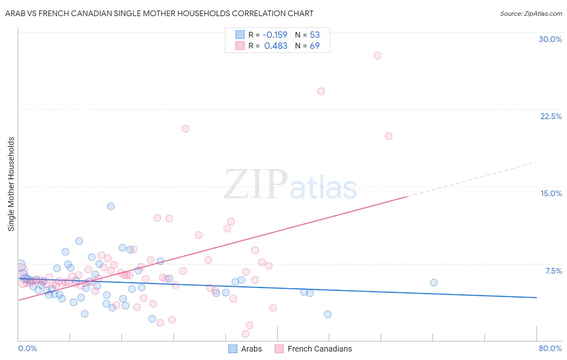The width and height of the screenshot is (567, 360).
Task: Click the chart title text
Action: click(159, 13)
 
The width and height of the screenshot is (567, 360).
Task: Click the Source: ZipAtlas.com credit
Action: click(531, 13)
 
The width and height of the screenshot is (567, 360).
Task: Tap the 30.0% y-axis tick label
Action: click(550, 39)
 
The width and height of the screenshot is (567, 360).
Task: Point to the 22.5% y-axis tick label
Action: click(551, 116)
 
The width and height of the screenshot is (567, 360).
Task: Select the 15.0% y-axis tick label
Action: click(551, 193)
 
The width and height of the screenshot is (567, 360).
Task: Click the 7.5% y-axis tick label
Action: click(553, 271)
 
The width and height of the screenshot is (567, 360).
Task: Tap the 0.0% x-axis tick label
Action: click(27, 348)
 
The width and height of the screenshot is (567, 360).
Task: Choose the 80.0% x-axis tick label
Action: click(550, 348)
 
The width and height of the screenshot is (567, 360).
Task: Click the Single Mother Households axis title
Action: click(11, 184)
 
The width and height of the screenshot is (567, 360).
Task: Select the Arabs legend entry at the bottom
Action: click(245, 349)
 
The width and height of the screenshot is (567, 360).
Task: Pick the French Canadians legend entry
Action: click(313, 349)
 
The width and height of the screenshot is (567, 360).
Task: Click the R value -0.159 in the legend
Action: click(275, 35)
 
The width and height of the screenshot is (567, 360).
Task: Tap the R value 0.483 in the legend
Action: click(275, 46)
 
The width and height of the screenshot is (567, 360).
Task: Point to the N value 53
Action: click(315, 35)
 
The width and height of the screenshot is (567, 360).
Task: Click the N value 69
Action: click(315, 46)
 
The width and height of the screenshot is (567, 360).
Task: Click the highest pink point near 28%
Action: click(377, 55)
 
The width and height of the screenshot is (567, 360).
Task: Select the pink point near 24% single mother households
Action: click(321, 91)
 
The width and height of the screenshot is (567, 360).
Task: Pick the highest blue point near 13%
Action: click(111, 206)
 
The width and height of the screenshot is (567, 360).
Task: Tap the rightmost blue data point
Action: click(434, 283)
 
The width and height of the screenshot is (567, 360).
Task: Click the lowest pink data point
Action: click(245, 334)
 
